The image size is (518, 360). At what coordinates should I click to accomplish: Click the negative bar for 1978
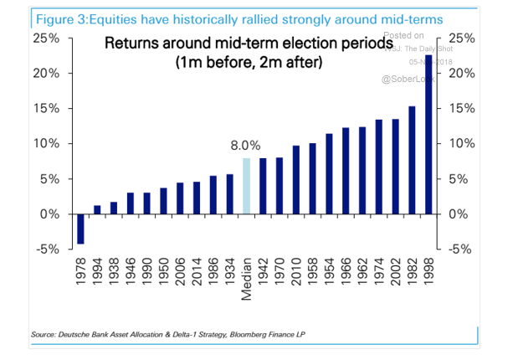pos(81,229)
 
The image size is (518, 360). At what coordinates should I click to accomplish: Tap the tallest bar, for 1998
pos(428,134)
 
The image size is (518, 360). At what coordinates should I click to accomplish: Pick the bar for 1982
pos(412,160)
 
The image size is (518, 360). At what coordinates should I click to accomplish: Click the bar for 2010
pos(295,180)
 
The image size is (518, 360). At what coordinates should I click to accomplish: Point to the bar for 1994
pos(97,209)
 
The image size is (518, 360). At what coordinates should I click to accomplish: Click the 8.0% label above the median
pos(246,145)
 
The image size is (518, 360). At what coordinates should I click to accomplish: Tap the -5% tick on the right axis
pos(462,249)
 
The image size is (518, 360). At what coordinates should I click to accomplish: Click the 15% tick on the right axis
pos(462,109)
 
